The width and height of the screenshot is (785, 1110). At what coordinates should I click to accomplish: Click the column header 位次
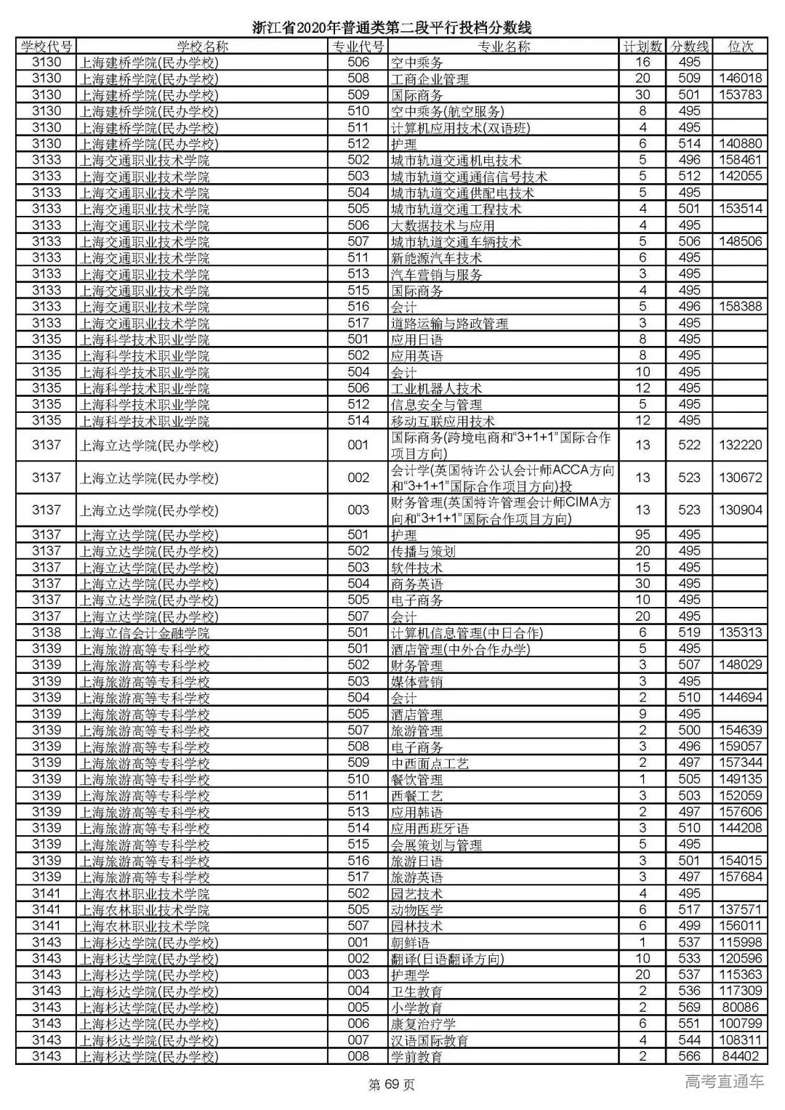click(x=740, y=47)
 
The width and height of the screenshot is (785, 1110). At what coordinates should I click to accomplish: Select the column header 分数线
click(x=689, y=47)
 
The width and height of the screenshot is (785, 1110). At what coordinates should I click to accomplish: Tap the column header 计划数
click(x=643, y=47)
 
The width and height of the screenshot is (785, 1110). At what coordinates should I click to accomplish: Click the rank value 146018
click(x=740, y=79)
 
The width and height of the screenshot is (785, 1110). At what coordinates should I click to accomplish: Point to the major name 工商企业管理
click(x=430, y=79)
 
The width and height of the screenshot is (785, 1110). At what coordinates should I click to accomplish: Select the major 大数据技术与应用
click(x=443, y=226)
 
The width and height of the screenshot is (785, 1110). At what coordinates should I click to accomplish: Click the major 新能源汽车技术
click(x=436, y=258)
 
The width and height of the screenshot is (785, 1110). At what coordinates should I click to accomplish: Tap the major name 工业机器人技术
click(x=436, y=389)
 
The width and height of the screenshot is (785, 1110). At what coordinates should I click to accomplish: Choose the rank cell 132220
click(x=740, y=445)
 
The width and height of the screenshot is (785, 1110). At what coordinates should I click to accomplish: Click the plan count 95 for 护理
click(x=643, y=535)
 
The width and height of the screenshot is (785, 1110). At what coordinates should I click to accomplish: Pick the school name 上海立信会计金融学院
click(x=144, y=633)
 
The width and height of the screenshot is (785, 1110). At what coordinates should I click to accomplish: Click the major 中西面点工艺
click(x=430, y=763)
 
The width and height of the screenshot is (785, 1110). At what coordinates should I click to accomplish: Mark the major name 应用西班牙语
click(x=430, y=829)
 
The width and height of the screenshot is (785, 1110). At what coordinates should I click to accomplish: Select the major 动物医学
click(x=416, y=910)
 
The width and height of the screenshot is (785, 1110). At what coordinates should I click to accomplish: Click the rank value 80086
click(x=740, y=1008)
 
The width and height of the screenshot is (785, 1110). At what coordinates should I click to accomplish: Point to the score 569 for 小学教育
click(x=689, y=1008)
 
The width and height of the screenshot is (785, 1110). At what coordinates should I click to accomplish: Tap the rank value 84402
click(x=740, y=1056)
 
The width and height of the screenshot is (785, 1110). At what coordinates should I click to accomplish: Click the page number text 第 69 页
click(x=392, y=1085)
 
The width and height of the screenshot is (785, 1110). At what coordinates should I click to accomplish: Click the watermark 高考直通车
click(x=724, y=1081)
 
